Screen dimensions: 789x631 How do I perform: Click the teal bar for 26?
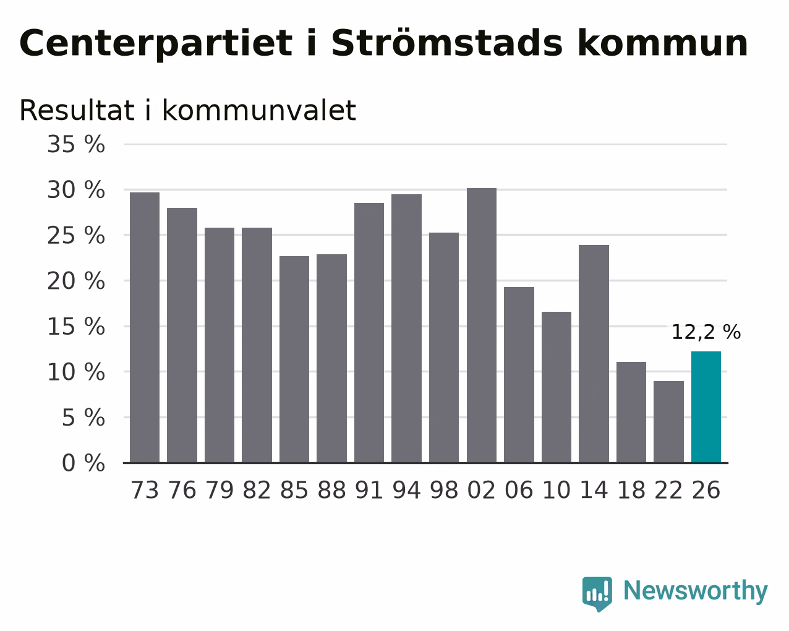pos(706,407)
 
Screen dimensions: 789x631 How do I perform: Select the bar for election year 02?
pos(482,325)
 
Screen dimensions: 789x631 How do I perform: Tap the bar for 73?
pos(145,328)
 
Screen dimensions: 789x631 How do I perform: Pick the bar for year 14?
pos(594,354)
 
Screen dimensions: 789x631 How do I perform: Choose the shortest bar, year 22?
pos(668,422)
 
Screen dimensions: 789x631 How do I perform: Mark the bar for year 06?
pos(519,375)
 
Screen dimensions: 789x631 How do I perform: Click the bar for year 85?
pos(294,359)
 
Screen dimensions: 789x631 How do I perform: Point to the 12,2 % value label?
pos(706,332)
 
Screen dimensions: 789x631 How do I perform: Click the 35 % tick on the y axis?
pos(76,144)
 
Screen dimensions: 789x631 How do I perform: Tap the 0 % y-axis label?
pos(83,463)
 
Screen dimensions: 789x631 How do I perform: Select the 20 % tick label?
pos(76,281)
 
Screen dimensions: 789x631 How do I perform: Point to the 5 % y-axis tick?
pos(83,418)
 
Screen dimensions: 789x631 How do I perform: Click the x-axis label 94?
pos(406,490)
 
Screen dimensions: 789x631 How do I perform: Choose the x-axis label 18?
pos(631,490)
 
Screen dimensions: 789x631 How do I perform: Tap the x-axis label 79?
pos(220,490)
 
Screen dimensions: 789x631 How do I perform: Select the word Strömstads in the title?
pos(447,43)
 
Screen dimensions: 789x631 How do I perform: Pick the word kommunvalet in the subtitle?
pos(259,110)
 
